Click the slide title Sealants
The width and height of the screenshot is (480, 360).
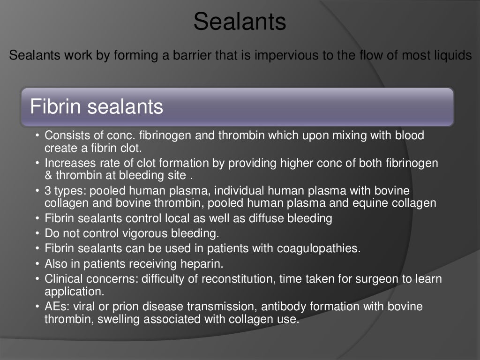tap(240, 22)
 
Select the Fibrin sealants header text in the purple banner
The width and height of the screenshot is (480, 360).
tap(97, 107)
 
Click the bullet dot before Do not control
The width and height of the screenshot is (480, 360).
tap(37, 233)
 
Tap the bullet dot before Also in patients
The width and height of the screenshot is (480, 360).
tap(37, 262)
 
